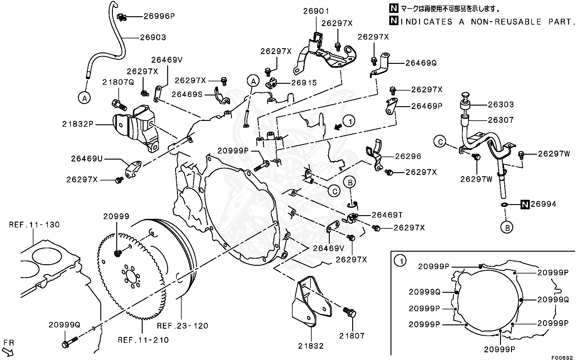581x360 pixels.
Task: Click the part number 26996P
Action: click(159, 16)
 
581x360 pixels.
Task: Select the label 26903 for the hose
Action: click(153, 37)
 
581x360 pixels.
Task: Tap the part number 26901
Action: click(316, 11)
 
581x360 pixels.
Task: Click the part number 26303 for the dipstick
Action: click(501, 105)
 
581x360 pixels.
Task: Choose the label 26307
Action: click(501, 120)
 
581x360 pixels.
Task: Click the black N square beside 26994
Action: click(525, 204)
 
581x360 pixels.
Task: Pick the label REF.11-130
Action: click(34, 225)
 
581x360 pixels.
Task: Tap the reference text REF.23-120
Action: click(183, 326)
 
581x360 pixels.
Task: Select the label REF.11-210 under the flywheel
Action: click(143, 340)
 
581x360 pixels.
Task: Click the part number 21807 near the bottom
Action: click(352, 336)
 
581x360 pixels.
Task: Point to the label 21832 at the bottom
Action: click(311, 346)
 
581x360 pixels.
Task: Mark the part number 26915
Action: click(304, 83)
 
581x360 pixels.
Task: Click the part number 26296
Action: click(408, 157)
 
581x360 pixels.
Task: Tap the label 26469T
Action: click(387, 215)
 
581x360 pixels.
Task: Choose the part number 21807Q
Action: click(118, 82)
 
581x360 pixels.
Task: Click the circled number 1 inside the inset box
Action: click(400, 261)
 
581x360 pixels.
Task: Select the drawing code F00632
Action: click(562, 358)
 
